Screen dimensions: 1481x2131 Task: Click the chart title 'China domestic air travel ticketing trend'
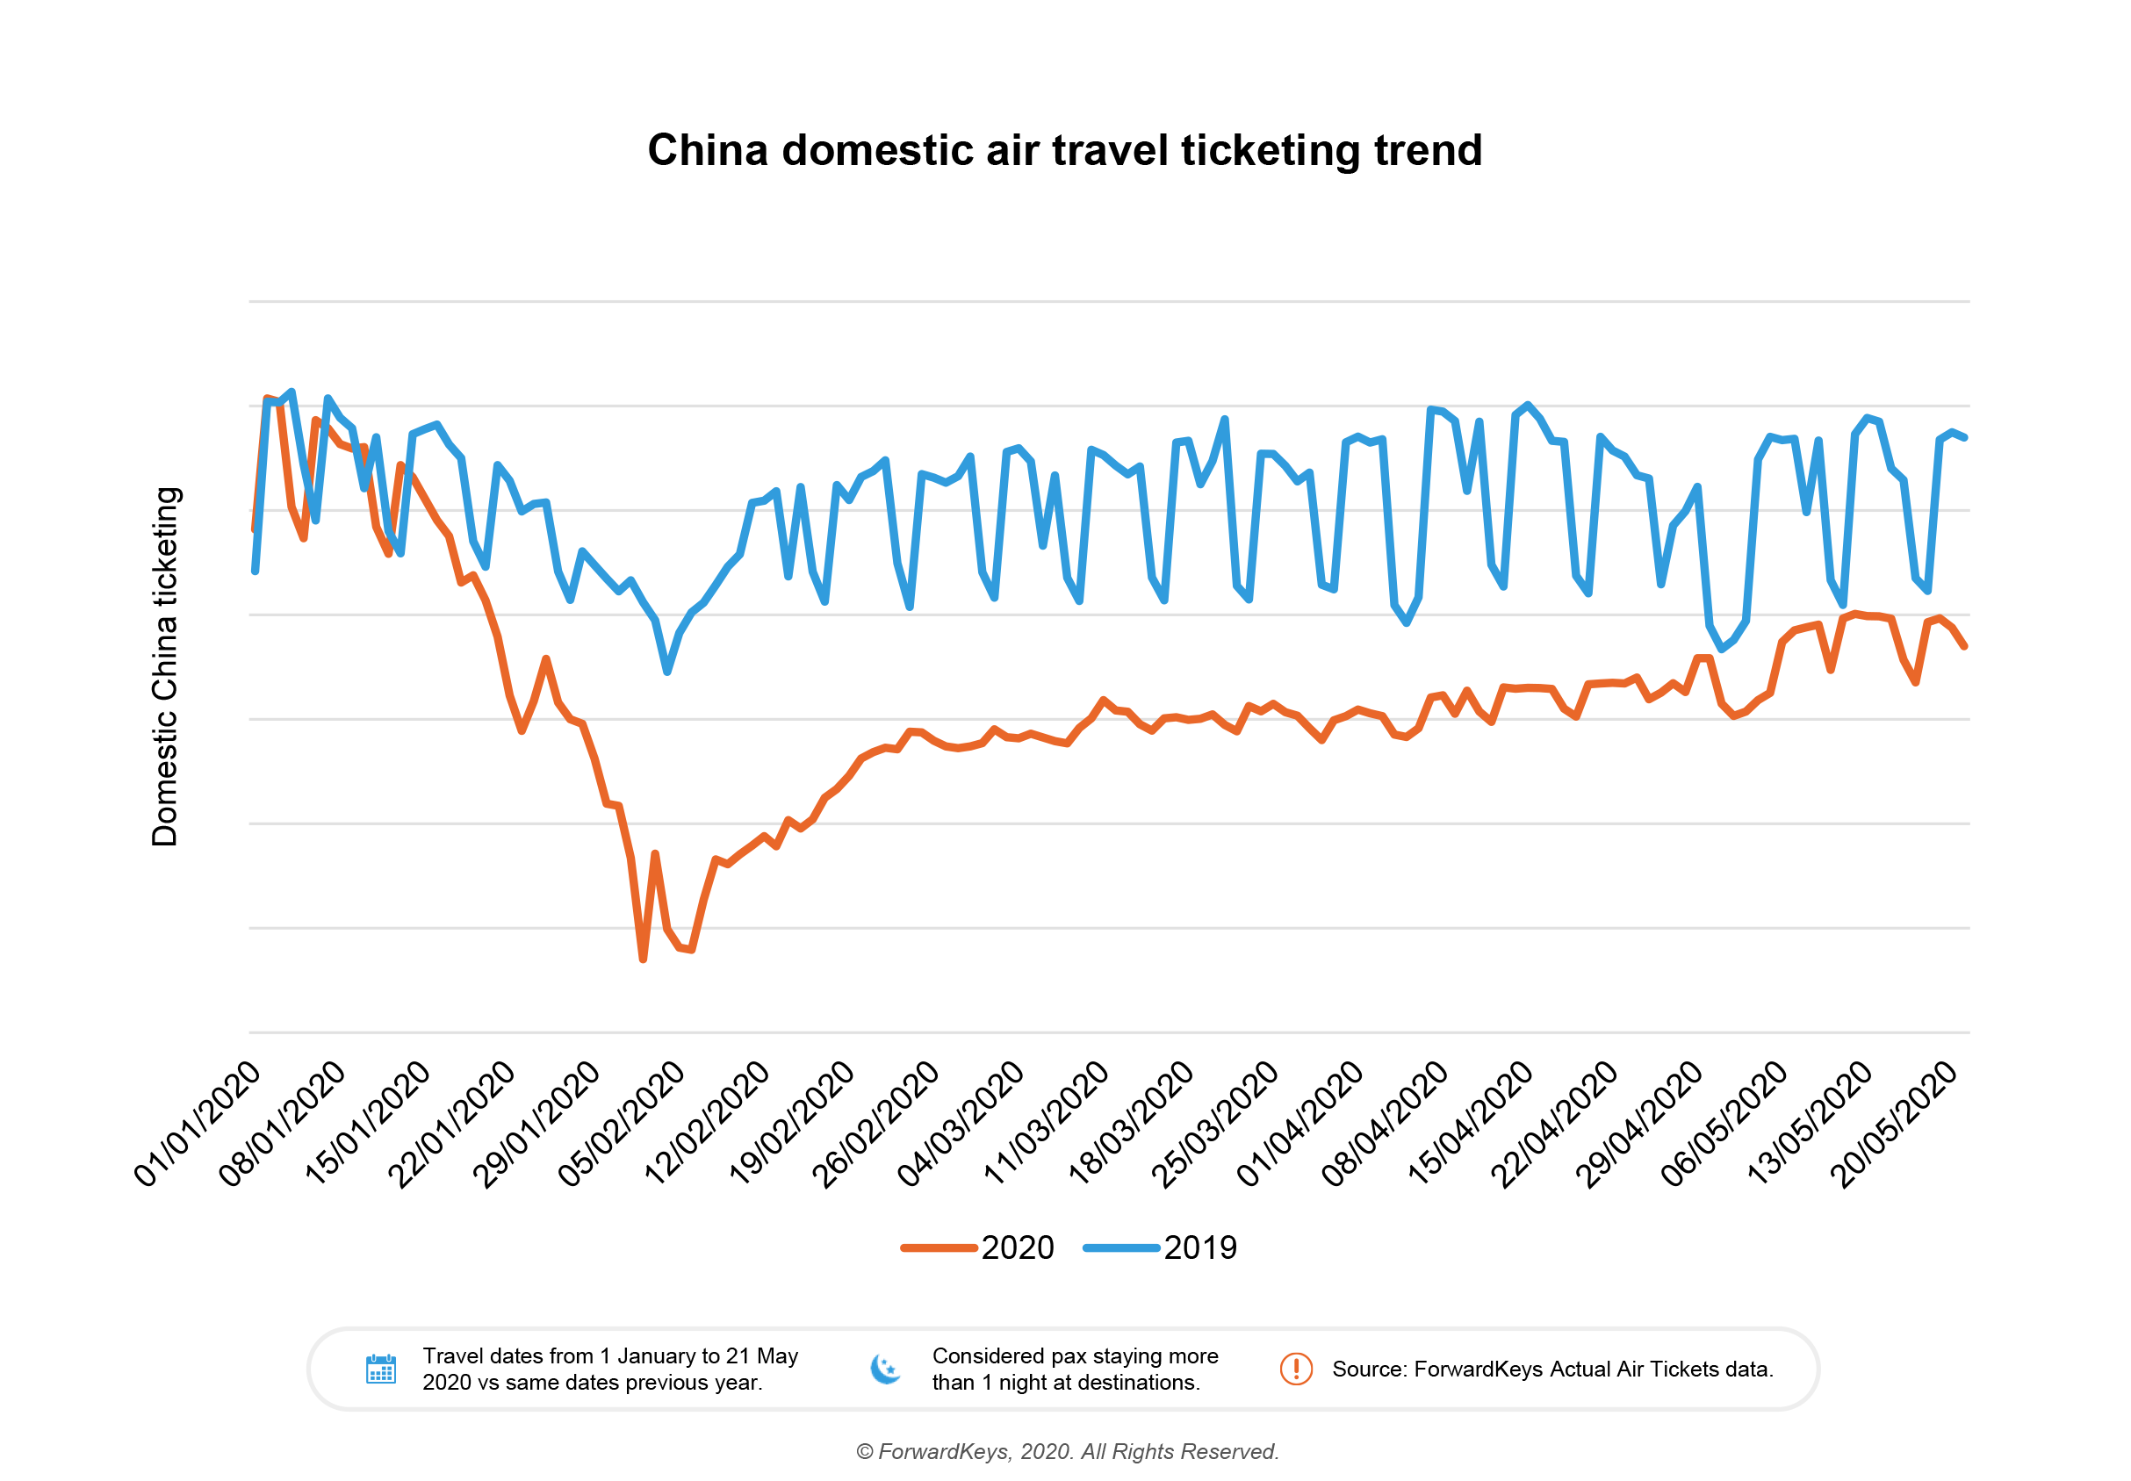1064,150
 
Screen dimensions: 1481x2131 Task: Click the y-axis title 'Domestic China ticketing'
164,666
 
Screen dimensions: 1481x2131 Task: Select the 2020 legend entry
978,1248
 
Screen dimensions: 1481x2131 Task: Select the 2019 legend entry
1161,1248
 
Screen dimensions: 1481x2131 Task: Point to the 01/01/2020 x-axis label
198,1124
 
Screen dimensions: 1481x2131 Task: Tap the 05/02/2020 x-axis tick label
622,1124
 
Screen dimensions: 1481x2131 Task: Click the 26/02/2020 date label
876,1124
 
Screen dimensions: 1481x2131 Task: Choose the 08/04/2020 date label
1386,1124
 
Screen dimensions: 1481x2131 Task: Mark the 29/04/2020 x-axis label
1640,1124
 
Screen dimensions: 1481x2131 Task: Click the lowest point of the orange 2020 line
642,959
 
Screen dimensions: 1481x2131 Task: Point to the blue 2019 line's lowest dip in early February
667,671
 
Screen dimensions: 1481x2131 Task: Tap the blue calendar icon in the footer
381,1370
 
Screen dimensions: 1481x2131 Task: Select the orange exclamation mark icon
1297,1370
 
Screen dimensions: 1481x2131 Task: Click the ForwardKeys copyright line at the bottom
1068,1452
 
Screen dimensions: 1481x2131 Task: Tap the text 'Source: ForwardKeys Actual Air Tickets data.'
1552,1370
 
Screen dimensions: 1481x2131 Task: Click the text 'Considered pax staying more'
1075,1356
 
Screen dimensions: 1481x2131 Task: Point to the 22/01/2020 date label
452,1124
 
